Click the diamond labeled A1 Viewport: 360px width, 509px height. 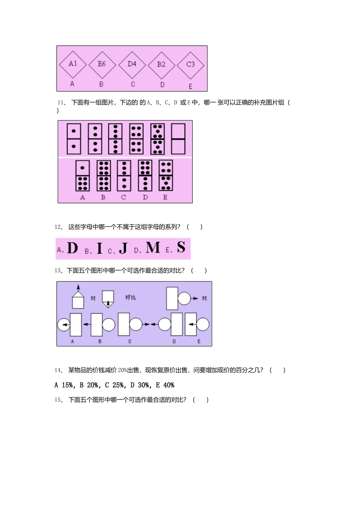[73, 64]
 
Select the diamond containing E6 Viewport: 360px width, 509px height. [102, 64]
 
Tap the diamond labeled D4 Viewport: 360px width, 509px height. [132, 64]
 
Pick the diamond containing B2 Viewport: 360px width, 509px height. [161, 64]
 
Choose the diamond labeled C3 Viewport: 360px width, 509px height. [190, 64]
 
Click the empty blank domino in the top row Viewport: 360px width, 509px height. [178, 139]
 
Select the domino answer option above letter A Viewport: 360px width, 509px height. [83, 176]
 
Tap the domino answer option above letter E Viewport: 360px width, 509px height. [166, 176]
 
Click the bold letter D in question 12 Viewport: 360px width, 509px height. [72, 248]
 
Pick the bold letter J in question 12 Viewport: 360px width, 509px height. [123, 248]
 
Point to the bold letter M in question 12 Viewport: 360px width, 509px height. [153, 248]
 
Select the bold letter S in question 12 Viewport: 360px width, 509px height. [181, 247]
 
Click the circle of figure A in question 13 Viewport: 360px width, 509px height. [64, 325]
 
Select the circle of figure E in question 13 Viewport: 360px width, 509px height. [203, 325]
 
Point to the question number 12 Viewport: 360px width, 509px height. [58, 227]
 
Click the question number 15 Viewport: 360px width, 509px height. [58, 400]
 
